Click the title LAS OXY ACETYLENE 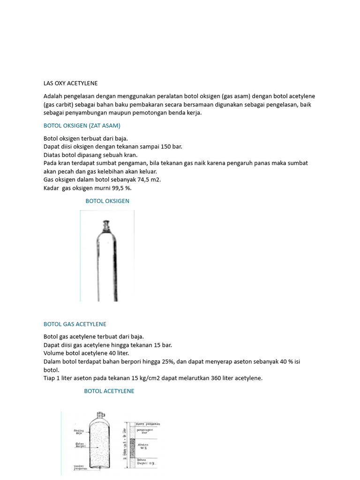[x=70, y=83]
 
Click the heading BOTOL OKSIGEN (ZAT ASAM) [x=82, y=126]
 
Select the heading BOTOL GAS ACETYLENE [x=75, y=324]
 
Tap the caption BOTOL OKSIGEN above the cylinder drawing [x=107, y=201]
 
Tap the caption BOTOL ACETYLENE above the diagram [x=109, y=391]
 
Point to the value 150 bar [x=171, y=147]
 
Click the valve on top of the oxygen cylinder [x=107, y=225]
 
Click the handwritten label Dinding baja [x=79, y=432]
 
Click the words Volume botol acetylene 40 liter [x=86, y=353]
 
